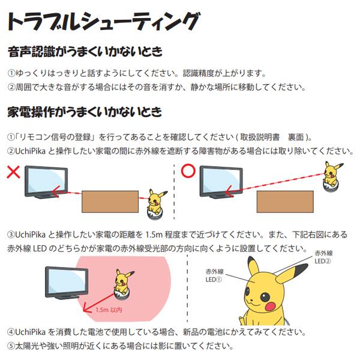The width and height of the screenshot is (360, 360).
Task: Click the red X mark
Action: [14, 172]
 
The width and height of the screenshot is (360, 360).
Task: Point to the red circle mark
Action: [188, 171]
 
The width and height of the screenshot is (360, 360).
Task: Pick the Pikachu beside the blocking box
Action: [158, 202]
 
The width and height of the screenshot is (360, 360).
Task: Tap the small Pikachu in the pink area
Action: [123, 282]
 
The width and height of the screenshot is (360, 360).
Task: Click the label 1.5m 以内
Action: [109, 310]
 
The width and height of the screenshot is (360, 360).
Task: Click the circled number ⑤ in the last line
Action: [10, 346]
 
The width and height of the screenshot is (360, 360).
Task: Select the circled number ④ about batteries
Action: [10, 332]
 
